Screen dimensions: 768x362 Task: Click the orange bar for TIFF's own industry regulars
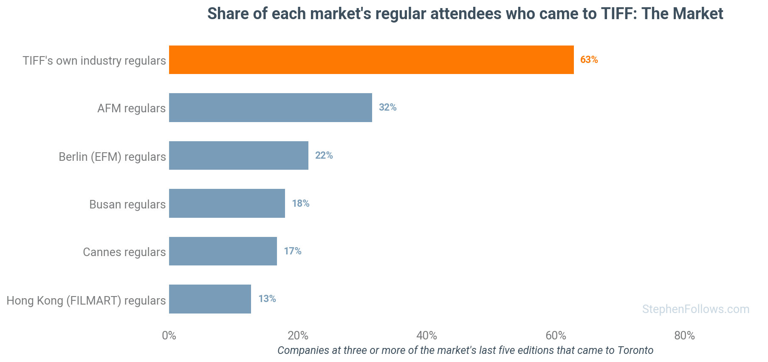click(371, 60)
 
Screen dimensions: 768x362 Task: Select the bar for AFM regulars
click(271, 108)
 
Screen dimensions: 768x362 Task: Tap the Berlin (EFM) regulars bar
click(239, 155)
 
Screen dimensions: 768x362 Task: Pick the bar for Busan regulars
click(227, 203)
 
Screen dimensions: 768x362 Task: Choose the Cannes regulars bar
click(223, 251)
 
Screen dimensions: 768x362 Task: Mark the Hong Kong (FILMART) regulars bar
click(210, 299)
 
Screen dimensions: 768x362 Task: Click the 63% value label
click(589, 60)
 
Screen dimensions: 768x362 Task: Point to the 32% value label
click(388, 107)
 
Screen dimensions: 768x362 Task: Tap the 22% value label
click(324, 155)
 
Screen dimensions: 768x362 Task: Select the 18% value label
click(301, 203)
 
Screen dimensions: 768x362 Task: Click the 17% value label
click(293, 251)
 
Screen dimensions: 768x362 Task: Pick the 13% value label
click(267, 299)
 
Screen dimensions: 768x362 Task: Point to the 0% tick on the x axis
click(169, 336)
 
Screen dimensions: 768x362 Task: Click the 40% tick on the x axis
click(427, 336)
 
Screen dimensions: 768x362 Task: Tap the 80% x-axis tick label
click(685, 336)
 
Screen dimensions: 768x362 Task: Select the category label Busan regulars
click(127, 204)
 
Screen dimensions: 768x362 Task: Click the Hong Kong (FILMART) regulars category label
click(86, 300)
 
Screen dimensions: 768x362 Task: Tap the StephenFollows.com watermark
click(696, 309)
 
